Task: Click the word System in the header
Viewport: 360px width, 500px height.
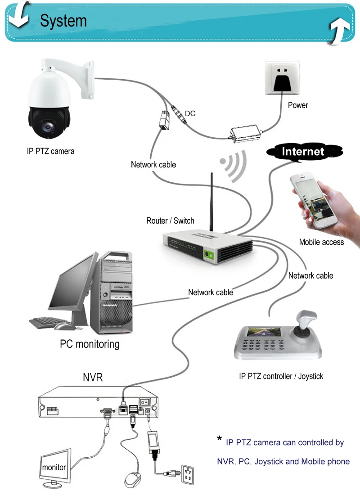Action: click(63, 21)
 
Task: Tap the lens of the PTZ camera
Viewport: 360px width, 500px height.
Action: click(48, 126)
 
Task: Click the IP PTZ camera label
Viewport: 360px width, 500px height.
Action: click(51, 151)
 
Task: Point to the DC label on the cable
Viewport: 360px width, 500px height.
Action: click(190, 113)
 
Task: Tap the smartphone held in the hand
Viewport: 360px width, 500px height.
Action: click(313, 201)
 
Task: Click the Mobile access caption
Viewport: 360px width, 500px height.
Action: click(321, 242)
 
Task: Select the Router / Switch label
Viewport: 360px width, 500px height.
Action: click(170, 221)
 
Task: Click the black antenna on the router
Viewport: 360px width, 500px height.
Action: click(211, 202)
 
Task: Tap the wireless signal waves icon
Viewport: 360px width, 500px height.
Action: click(234, 166)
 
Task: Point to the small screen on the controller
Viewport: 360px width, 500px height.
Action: click(264, 333)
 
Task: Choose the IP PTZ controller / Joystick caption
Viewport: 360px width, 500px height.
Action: click(281, 376)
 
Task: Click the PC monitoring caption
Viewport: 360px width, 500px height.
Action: click(90, 344)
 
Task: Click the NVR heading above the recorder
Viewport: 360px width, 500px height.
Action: click(93, 378)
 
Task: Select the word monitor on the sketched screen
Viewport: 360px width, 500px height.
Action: click(54, 468)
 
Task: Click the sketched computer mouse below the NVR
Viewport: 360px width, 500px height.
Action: click(133, 479)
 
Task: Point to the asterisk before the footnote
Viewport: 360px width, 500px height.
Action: click(220, 438)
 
